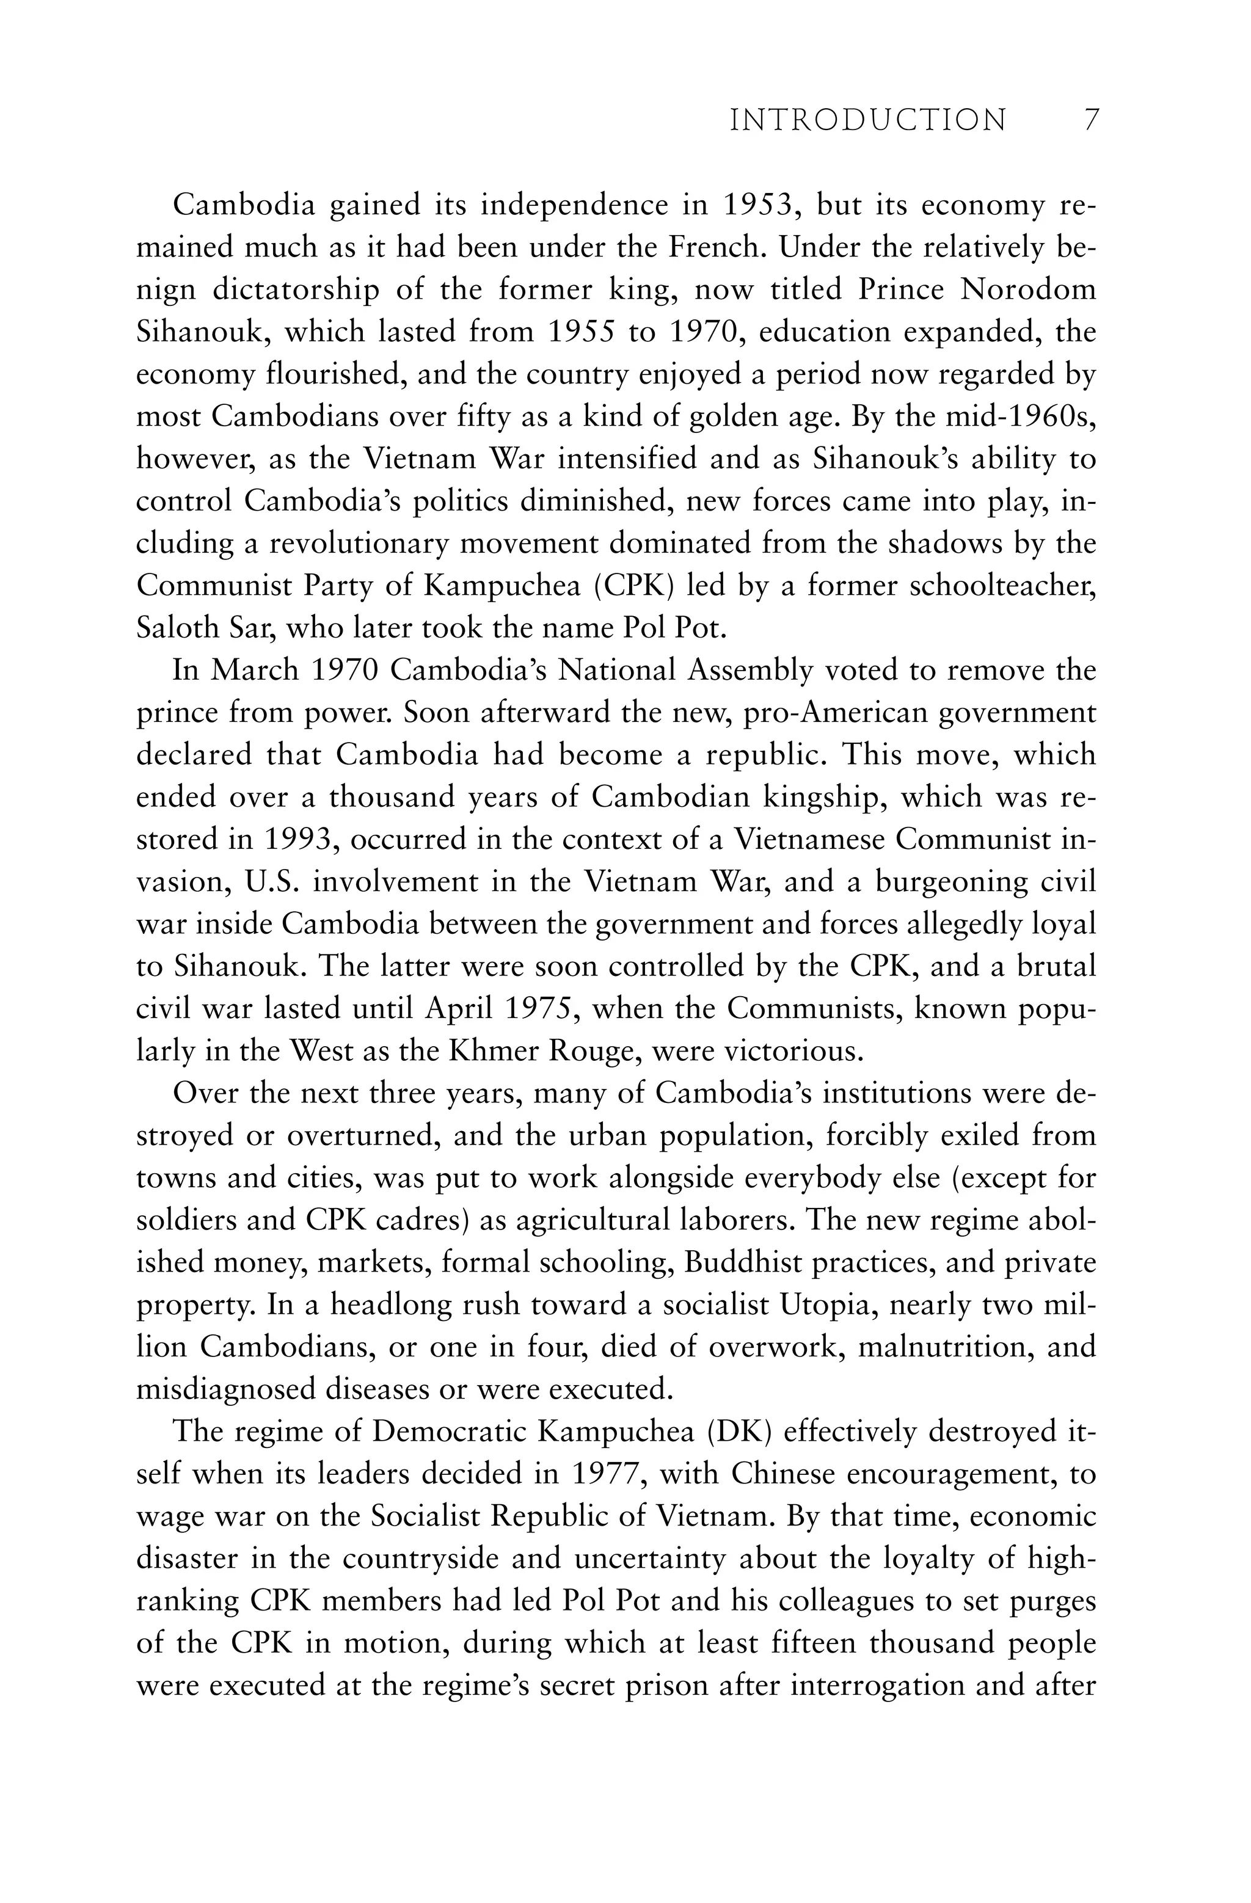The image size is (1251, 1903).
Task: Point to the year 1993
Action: (x=299, y=840)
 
